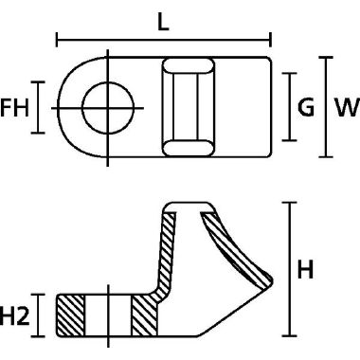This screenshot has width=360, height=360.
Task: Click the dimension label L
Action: pos(163,22)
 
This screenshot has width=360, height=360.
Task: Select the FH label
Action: pos(14,107)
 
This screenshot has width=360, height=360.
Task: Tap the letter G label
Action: pos(306,107)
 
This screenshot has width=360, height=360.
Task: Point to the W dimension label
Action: pos(347,107)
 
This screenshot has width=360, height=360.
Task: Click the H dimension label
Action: pos(305,269)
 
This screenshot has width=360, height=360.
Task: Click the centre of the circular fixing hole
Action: pos(108,108)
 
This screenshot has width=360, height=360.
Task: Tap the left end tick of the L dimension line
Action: pos(57,40)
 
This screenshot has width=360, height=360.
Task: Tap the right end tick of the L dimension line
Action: pos(270,40)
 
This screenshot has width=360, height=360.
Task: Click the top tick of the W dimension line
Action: pos(326,58)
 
